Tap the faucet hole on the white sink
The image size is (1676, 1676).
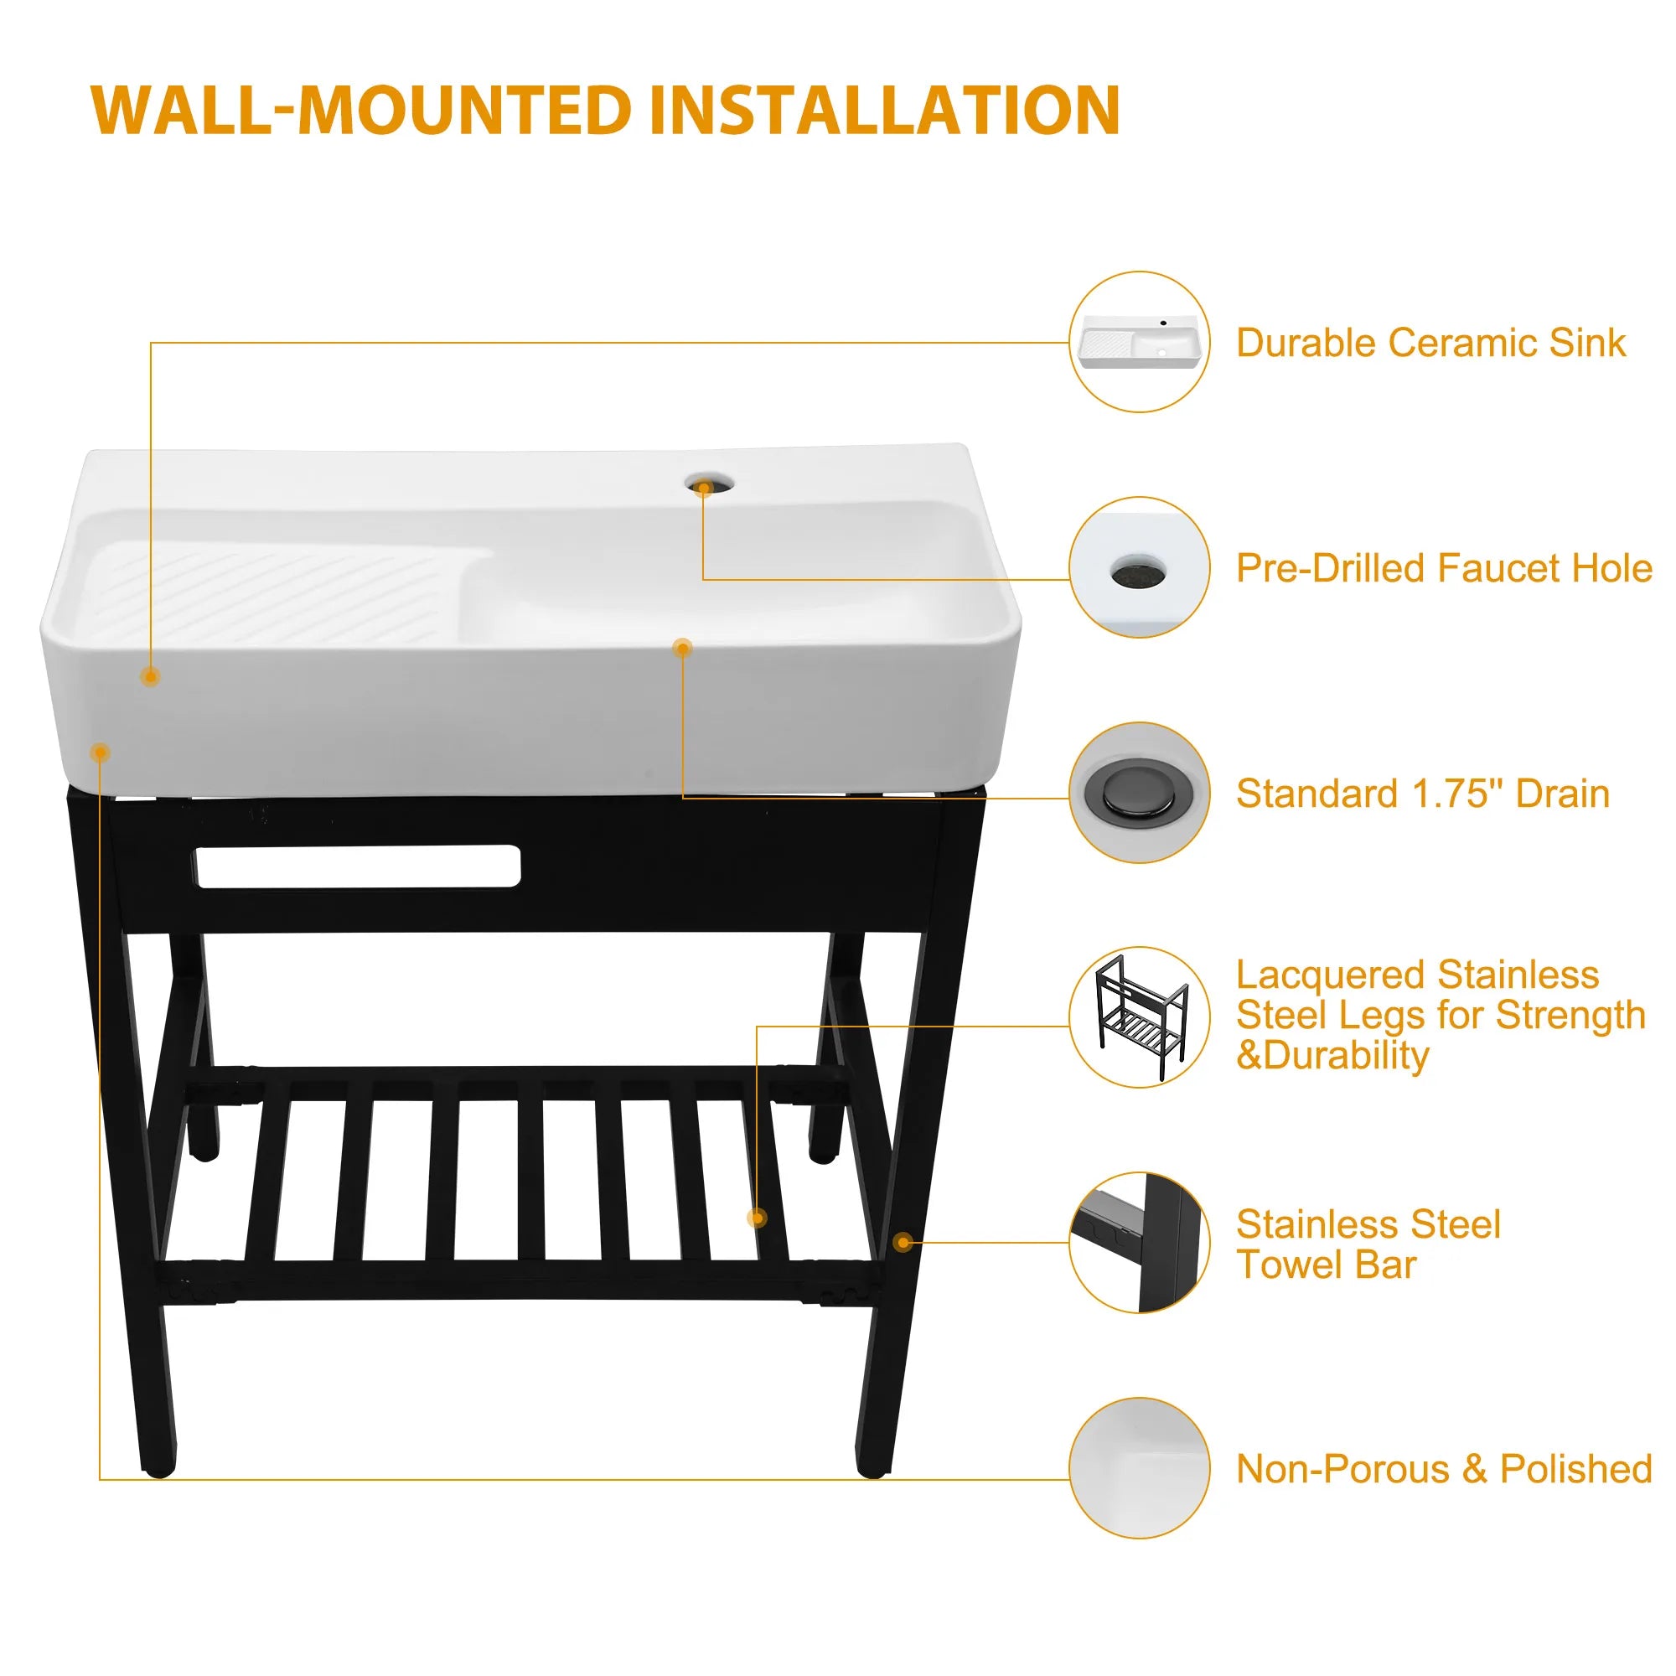point(708,484)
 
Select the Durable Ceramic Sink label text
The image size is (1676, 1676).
point(1430,343)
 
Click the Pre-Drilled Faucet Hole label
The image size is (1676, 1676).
point(1444,568)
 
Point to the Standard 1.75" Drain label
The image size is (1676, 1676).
point(1423,794)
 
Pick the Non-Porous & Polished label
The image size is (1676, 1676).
point(1444,1469)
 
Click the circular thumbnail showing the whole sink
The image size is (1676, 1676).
point(1139,342)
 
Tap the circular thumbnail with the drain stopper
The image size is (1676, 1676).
point(1139,793)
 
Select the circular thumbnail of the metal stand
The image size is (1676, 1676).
point(1139,1017)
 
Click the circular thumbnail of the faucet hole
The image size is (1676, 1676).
point(1139,567)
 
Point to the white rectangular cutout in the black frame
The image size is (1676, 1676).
point(359,866)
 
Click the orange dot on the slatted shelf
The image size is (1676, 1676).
point(757,1218)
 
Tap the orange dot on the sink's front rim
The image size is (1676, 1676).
point(683,648)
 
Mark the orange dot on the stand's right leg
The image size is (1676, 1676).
point(903,1243)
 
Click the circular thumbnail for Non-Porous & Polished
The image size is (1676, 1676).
point(1139,1469)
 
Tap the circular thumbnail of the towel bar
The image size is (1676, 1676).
point(1139,1243)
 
